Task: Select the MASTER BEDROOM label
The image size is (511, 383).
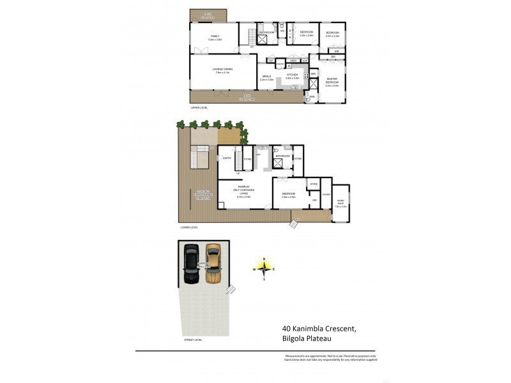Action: point(332,82)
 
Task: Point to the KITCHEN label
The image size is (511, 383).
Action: point(293,75)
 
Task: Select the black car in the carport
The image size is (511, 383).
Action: point(192,263)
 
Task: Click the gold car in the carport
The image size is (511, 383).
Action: point(213,263)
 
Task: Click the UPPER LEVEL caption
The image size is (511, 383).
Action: point(199,108)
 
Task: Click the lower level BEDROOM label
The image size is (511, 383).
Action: point(288,194)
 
